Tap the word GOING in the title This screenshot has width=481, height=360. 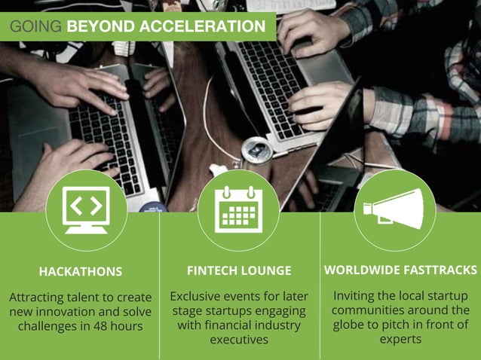pos(35,27)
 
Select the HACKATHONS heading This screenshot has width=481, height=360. pos(80,271)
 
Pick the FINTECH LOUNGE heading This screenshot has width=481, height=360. pos(239,270)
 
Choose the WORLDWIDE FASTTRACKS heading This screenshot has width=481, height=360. pos(400,270)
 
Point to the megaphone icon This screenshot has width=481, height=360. pos(400,209)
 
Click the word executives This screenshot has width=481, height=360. pos(239,340)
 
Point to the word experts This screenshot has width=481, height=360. pos(400,339)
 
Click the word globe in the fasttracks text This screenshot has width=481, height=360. pos(351,325)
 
